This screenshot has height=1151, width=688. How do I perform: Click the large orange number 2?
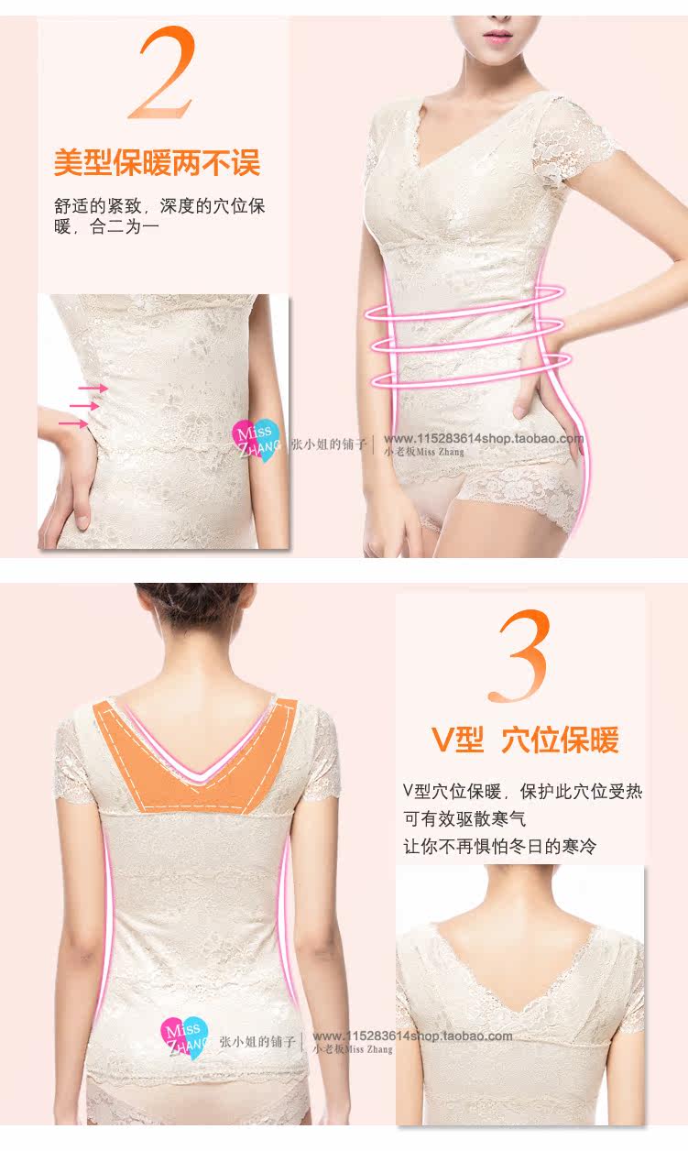click(x=163, y=73)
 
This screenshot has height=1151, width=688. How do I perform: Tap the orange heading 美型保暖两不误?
click(x=157, y=162)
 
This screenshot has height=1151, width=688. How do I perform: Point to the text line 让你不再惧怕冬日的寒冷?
click(x=499, y=846)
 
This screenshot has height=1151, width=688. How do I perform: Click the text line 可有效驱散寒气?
click(x=464, y=818)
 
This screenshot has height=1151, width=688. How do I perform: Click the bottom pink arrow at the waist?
click(x=73, y=423)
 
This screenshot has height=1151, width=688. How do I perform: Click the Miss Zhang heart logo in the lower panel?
click(x=184, y=1039)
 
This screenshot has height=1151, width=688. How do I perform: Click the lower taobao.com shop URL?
click(x=412, y=1036)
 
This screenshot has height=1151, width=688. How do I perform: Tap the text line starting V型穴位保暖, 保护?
click(x=522, y=791)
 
